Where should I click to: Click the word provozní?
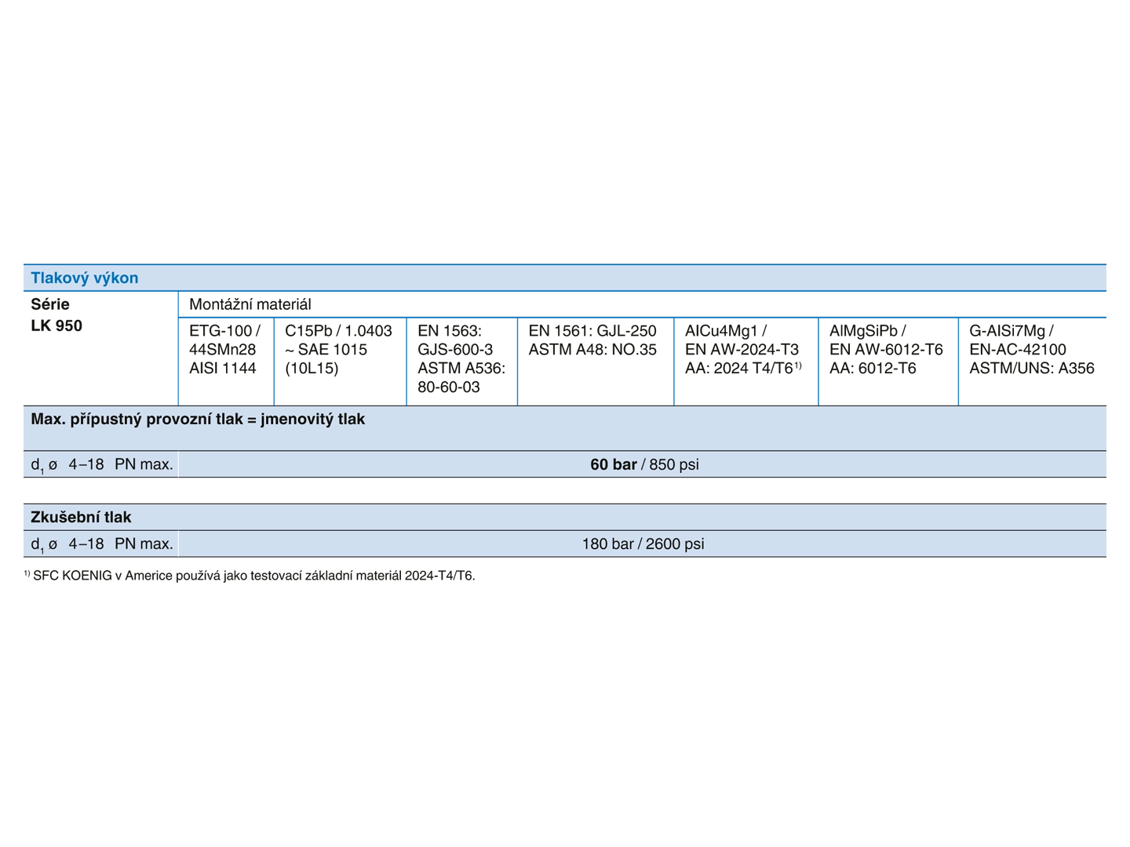click(x=180, y=419)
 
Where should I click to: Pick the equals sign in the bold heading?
click(x=252, y=420)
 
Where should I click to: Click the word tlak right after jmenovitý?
click(x=351, y=419)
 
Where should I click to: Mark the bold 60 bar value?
click(x=613, y=464)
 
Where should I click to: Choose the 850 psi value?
click(x=674, y=464)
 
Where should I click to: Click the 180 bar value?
click(x=607, y=543)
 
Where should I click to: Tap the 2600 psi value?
click(x=675, y=543)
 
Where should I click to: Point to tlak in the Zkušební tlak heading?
click(x=117, y=517)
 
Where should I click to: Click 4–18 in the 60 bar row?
click(x=86, y=464)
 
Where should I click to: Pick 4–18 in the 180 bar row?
click(x=86, y=543)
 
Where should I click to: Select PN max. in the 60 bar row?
click(x=144, y=464)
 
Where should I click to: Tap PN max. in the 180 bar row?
click(x=144, y=543)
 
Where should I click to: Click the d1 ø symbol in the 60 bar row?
click(x=44, y=465)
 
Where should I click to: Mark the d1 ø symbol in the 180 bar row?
click(x=44, y=544)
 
